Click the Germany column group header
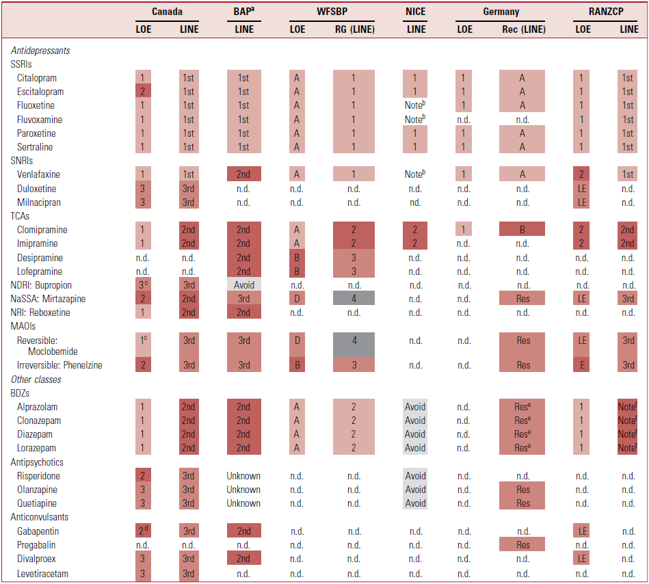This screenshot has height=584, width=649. coord(501,12)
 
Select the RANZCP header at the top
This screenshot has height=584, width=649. coord(606,12)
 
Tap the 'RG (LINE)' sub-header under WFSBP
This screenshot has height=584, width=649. coord(355,29)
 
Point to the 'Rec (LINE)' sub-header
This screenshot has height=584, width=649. coord(524,29)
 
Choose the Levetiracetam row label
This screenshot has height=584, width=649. coord(42,574)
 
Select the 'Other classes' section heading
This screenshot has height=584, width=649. coord(36,380)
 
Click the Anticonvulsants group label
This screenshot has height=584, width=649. coord(39,517)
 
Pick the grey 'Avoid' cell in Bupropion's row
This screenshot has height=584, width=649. coord(243,284)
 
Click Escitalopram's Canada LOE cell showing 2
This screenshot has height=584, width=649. coord(143,91)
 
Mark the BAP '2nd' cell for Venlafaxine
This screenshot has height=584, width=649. coord(243,174)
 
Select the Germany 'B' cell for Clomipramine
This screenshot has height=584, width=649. coord(522,229)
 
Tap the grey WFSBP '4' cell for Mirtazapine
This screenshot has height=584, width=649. coord(354,298)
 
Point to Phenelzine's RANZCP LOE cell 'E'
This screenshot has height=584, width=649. coord(582,364)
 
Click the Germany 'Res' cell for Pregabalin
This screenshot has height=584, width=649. coord(522,544)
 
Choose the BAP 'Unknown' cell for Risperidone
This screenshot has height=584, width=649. coord(243,476)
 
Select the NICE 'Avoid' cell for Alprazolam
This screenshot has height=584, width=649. coord(415,406)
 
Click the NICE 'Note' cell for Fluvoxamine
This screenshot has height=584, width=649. coord(415,119)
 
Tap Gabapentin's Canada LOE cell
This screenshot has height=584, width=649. coord(143,531)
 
